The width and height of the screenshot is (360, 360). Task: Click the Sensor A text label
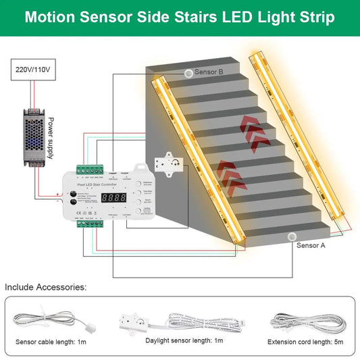point(311,246)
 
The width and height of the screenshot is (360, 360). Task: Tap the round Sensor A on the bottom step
point(292,237)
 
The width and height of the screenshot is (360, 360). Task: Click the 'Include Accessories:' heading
point(45,287)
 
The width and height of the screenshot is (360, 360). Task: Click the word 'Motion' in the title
point(54,17)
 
